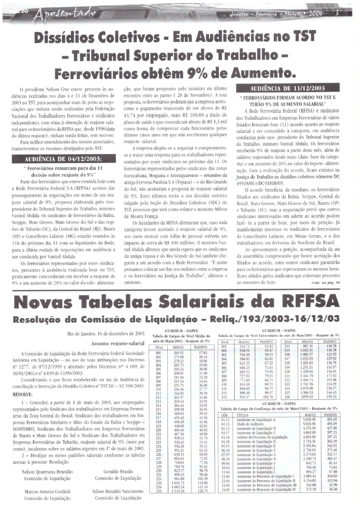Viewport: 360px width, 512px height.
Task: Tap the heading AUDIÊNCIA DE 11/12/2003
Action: click(286, 89)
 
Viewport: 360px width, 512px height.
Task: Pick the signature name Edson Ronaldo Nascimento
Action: click(118, 492)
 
